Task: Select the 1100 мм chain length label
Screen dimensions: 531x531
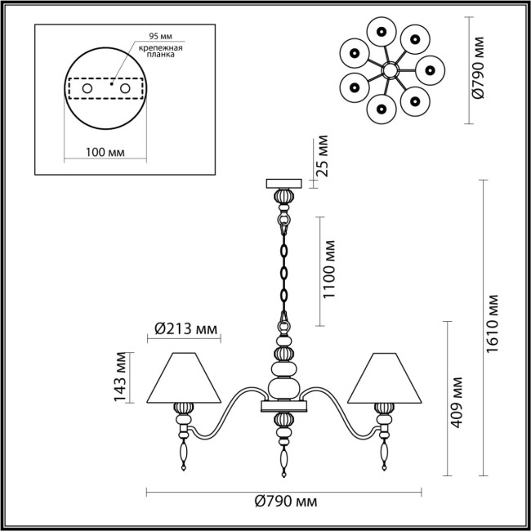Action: (328, 270)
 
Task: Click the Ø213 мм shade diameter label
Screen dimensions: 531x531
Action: (186, 328)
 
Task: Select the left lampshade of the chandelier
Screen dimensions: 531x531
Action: (187, 378)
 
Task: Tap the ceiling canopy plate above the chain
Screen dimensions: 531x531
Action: (283, 184)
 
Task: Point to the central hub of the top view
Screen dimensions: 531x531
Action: (387, 72)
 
